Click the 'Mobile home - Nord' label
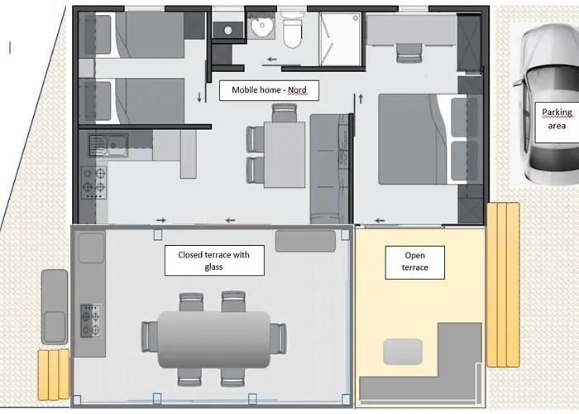269,90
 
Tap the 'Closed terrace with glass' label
214,260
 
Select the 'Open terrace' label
414,262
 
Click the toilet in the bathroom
292,33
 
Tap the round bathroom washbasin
261,26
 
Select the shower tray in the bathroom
340,39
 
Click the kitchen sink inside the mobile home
108,145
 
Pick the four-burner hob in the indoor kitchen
94,183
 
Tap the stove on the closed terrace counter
91,320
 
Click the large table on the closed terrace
213,339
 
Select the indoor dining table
285,155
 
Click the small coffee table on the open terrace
403,352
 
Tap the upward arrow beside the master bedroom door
361,99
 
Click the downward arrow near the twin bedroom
199,97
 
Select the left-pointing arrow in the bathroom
272,59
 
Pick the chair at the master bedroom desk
409,54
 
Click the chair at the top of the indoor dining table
284,113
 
